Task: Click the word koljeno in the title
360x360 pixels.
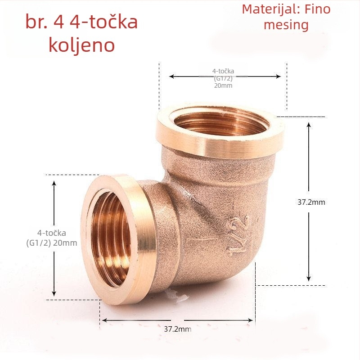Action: point(82,45)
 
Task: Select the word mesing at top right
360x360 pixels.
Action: point(286,25)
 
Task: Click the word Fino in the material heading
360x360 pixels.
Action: point(318,9)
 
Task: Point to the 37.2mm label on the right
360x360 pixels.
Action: point(311,202)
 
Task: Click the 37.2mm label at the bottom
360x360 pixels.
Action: point(178,329)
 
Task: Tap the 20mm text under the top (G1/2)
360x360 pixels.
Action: point(223,85)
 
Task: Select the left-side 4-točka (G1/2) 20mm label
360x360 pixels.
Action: point(52,238)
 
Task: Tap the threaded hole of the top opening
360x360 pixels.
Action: point(221,124)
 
